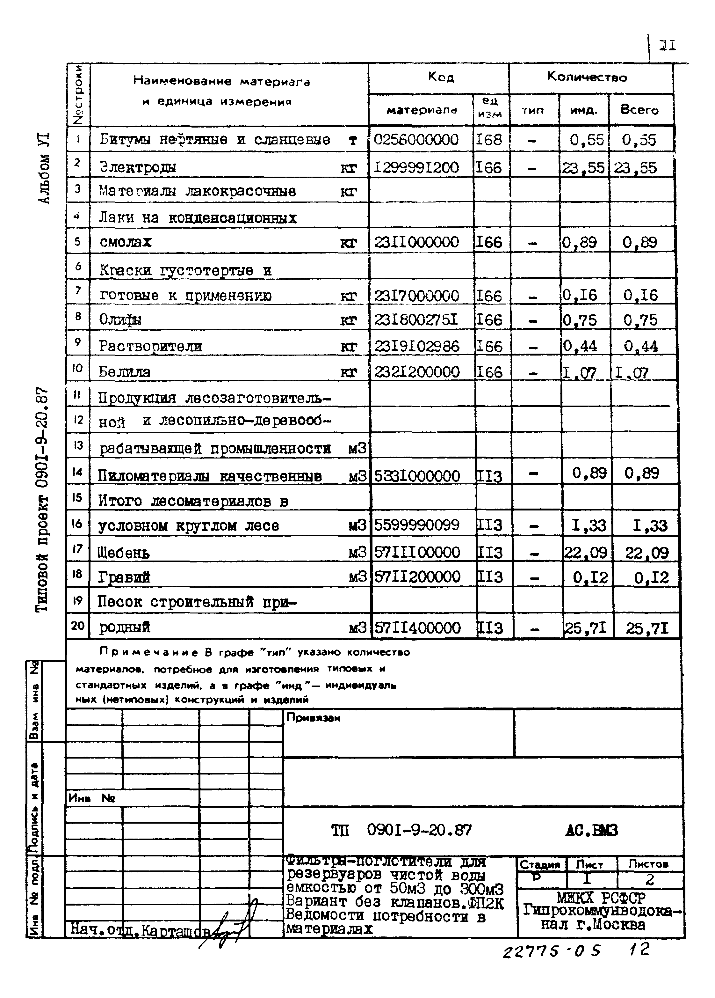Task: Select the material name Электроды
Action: tap(138, 167)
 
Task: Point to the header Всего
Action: tap(639, 110)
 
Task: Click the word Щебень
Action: tap(124, 553)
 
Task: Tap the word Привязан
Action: tap(313, 718)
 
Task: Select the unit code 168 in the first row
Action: tap(488, 140)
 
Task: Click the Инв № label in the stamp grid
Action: tap(91, 798)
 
